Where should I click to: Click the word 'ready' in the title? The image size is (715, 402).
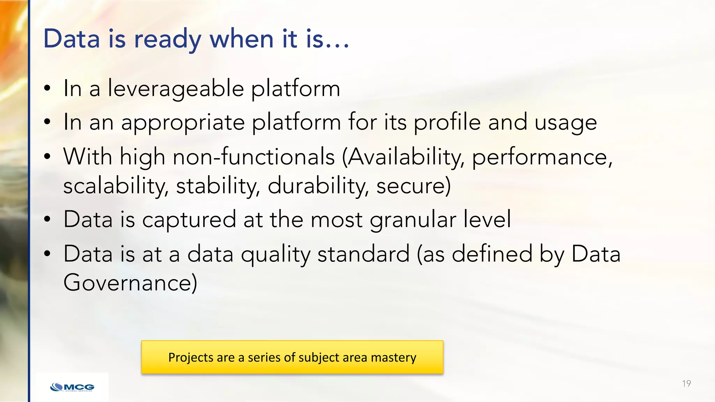[x=168, y=39]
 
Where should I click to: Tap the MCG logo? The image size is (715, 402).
[x=72, y=387]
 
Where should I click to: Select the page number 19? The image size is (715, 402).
[x=686, y=384]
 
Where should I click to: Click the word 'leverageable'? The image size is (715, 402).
[x=176, y=89]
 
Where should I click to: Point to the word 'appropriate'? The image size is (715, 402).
[x=183, y=123]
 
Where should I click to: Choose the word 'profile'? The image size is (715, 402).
[x=447, y=123]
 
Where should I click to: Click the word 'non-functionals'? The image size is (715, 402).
[x=254, y=157]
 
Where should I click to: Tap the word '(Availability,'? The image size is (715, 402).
[x=403, y=157]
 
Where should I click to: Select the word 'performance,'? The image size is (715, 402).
[x=542, y=157]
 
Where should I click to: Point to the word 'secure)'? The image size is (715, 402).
[x=414, y=186]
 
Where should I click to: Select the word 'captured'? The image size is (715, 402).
[x=189, y=220]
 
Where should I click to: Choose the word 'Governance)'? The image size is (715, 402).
[x=130, y=283]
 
